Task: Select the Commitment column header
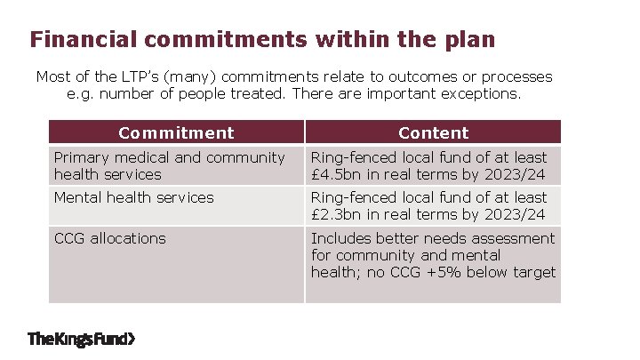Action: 176,133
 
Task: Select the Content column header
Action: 433,133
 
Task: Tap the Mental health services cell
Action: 134,197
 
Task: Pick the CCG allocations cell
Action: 110,238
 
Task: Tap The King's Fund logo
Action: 83,339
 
